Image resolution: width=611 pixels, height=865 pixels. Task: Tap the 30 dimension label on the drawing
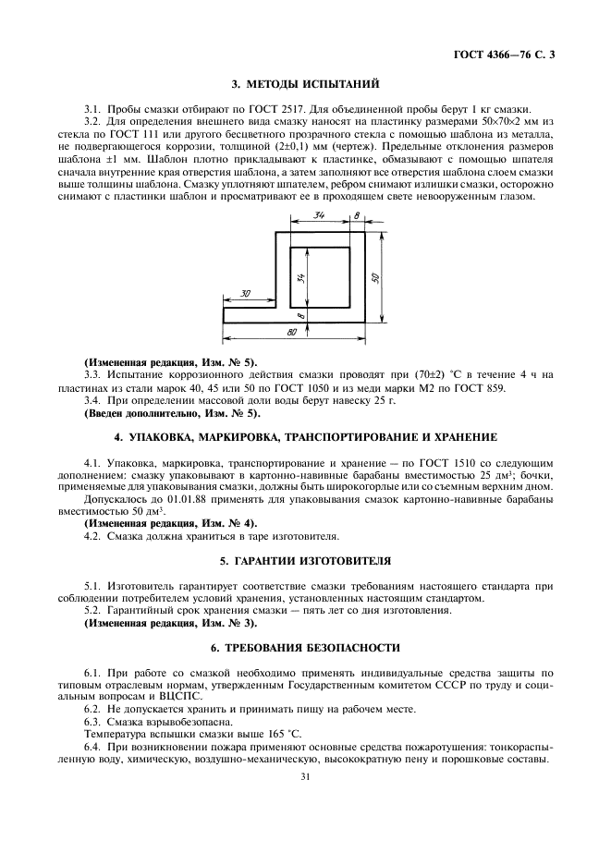coord(245,293)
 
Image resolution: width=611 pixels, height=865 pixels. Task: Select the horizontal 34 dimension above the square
coord(319,215)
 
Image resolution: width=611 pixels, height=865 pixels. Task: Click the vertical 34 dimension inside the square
coord(300,277)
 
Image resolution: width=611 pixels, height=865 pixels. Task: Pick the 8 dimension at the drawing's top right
coord(357,215)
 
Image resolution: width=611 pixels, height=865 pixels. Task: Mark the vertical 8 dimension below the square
coord(300,315)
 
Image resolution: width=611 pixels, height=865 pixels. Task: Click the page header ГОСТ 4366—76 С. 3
coord(505,56)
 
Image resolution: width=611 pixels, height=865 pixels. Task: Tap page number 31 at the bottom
coord(304,776)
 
